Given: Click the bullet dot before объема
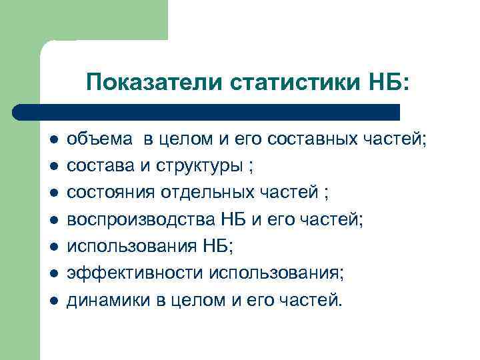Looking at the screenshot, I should (53, 141).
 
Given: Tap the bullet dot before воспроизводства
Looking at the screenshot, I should (53, 219).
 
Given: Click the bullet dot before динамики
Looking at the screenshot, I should (53, 301).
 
